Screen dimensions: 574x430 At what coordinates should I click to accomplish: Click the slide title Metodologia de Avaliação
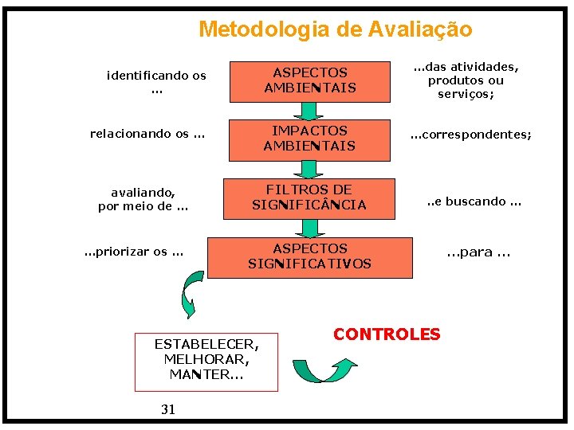point(335,29)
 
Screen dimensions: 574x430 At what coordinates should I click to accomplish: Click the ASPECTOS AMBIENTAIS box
point(310,80)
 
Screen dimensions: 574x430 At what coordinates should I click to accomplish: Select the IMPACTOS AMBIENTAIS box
point(309,138)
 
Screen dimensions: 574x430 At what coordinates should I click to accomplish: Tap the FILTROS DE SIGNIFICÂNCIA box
point(309,197)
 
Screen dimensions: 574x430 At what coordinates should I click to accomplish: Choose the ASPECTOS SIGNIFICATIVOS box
point(309,256)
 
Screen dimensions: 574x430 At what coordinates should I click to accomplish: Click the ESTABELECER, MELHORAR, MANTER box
point(206,361)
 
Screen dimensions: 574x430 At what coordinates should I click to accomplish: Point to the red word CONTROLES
point(387,334)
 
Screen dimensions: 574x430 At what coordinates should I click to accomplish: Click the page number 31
point(168,409)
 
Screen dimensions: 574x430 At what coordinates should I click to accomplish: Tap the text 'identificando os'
point(156,76)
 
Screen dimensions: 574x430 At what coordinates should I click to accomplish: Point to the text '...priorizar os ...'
point(134,252)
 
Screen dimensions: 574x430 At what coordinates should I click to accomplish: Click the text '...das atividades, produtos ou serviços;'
point(466,80)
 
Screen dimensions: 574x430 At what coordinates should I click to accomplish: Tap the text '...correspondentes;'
point(470,135)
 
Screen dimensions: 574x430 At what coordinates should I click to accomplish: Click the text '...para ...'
point(478,252)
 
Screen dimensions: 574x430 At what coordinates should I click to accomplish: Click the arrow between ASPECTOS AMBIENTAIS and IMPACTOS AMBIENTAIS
point(309,110)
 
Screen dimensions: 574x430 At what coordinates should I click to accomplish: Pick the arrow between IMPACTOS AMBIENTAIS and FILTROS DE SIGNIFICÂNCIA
point(309,168)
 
